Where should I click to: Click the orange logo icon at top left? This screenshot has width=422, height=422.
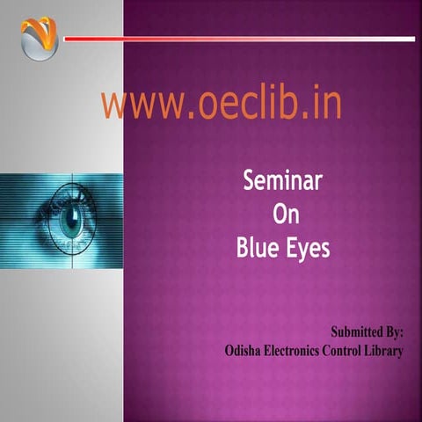39,39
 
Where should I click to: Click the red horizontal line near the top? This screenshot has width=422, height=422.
220,39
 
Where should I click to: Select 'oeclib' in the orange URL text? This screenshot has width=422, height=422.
244,104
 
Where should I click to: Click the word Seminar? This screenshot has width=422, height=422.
282,182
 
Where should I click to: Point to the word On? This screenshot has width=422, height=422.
282,215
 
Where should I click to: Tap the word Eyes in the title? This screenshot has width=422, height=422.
307,250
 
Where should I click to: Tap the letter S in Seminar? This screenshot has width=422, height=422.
250,182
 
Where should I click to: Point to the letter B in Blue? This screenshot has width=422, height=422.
244,249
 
